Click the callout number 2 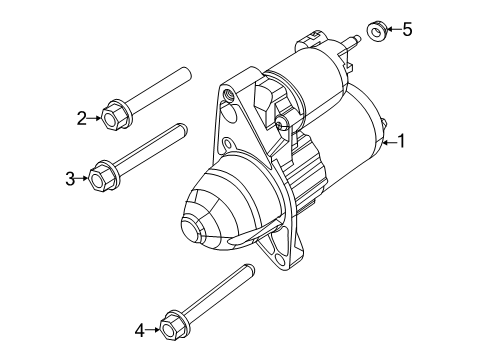(x=82, y=118)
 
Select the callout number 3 (x=70, y=179)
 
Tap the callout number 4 (x=140, y=326)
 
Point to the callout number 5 (x=406, y=29)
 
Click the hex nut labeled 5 (x=378, y=31)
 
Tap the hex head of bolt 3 (x=101, y=178)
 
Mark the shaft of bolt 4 (x=215, y=296)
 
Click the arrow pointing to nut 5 (x=393, y=30)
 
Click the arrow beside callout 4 (x=154, y=326)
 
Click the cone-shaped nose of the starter (x=205, y=224)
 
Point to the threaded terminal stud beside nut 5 (x=352, y=41)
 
